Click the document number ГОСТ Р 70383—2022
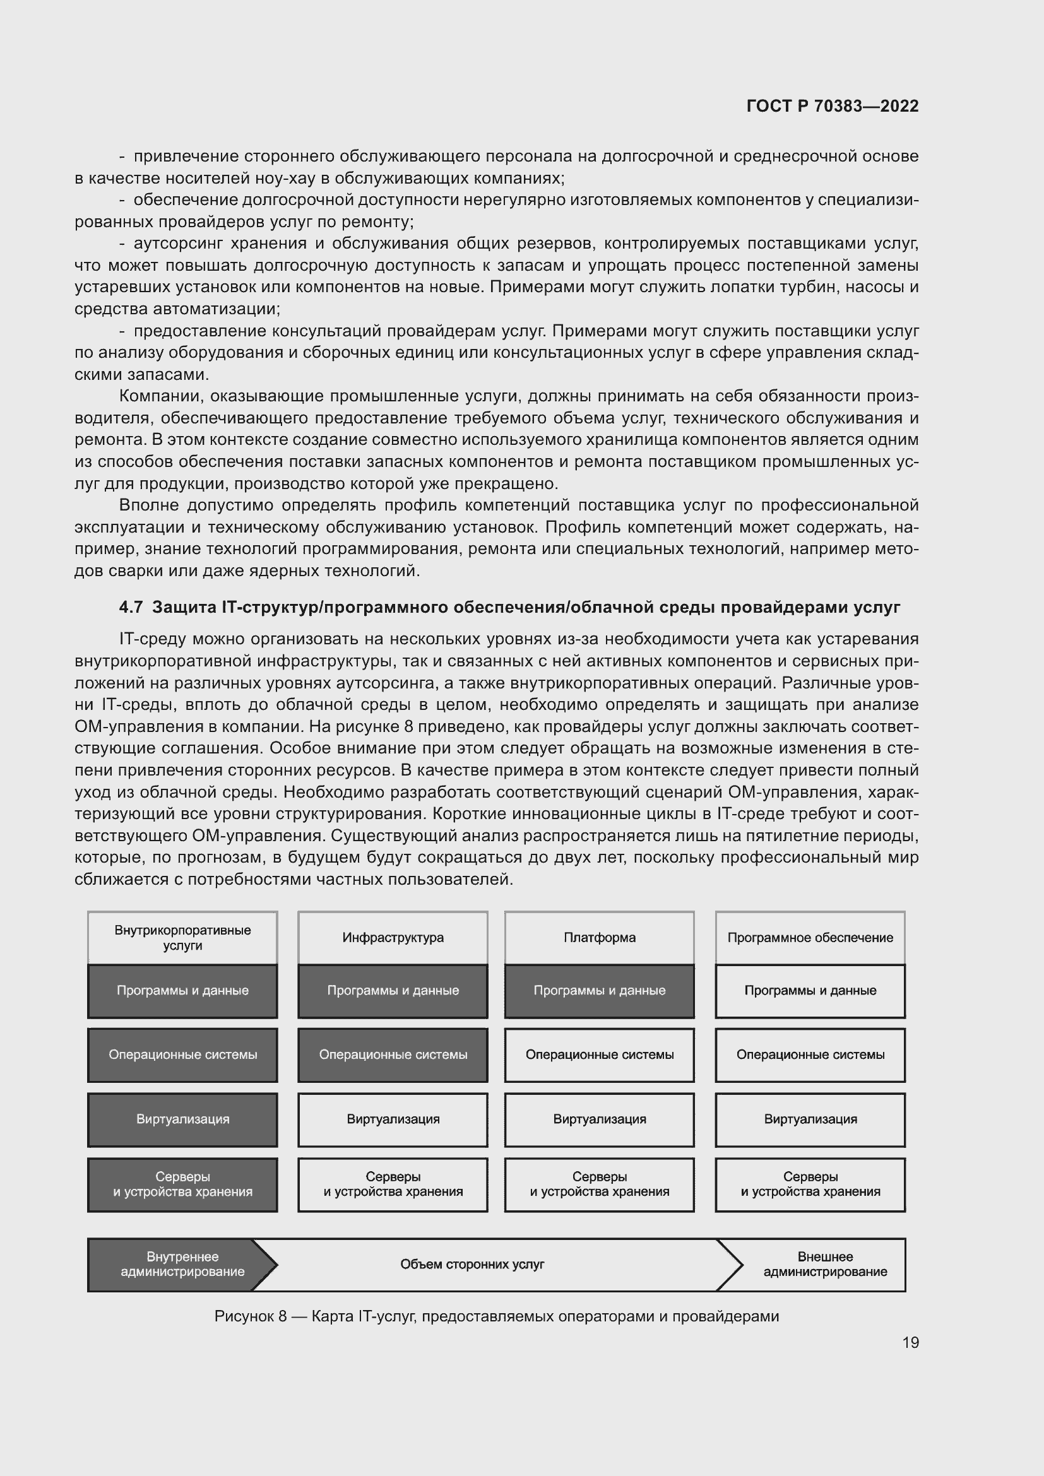point(833,106)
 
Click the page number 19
point(910,1342)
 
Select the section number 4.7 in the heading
point(131,607)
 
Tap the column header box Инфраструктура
point(393,937)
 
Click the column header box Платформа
point(599,937)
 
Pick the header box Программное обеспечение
point(810,937)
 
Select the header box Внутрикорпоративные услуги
point(182,937)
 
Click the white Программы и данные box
point(810,991)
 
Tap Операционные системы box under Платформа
point(599,1055)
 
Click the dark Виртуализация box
point(182,1119)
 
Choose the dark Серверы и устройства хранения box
point(182,1184)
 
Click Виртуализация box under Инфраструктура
point(393,1119)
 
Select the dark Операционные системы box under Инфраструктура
point(393,1055)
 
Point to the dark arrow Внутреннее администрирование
point(182,1265)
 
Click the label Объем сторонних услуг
point(472,1265)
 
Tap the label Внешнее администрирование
point(825,1265)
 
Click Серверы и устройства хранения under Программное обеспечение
point(810,1184)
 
